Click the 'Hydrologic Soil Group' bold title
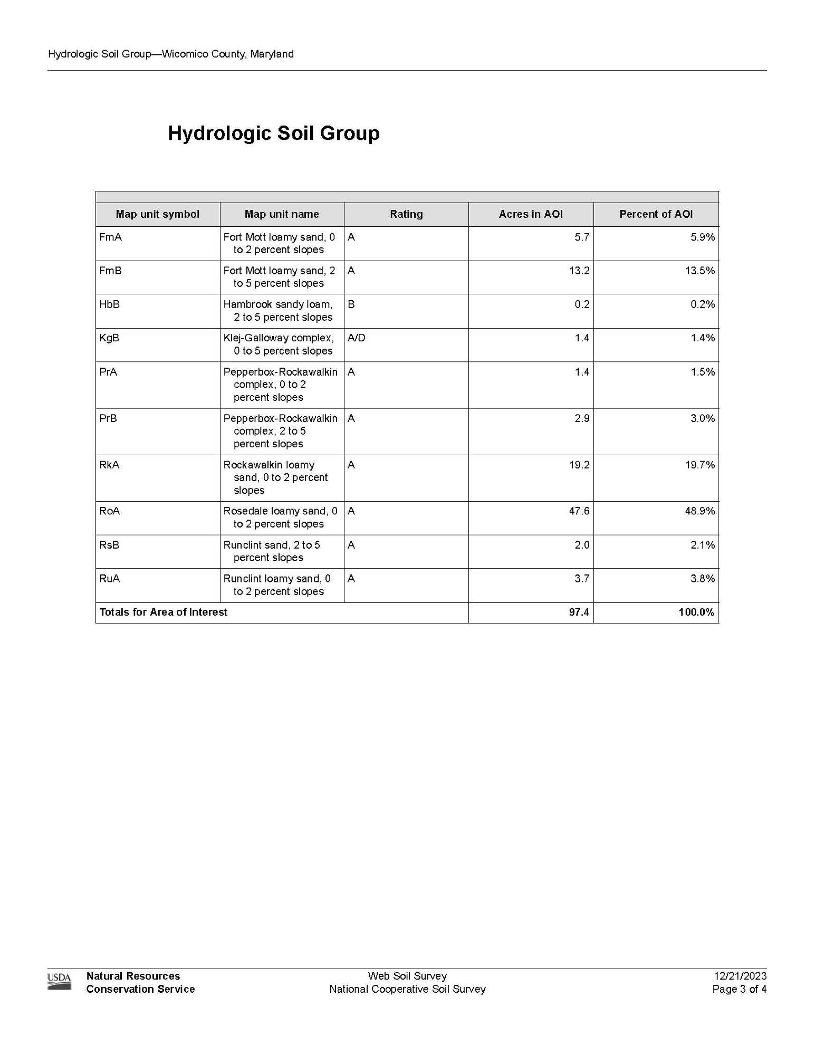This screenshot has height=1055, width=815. tap(273, 133)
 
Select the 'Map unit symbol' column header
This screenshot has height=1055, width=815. tap(157, 214)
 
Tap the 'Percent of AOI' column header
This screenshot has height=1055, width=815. tap(656, 214)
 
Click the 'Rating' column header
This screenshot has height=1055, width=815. tap(406, 214)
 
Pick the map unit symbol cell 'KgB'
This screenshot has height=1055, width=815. tap(109, 338)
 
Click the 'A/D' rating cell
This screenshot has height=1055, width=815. tap(357, 338)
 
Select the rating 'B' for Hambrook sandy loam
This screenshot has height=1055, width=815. tap(351, 304)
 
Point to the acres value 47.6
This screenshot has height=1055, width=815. tap(579, 511)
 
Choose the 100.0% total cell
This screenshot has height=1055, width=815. tap(696, 612)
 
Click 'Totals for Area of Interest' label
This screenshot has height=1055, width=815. tap(163, 612)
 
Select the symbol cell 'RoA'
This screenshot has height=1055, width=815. tap(109, 511)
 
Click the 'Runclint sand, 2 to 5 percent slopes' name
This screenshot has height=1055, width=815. tap(272, 551)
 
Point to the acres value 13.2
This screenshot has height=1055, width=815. tap(579, 271)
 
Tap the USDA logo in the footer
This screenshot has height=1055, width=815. tap(59, 982)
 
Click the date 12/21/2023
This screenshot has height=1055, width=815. tap(740, 976)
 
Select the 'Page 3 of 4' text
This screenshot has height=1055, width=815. tap(739, 989)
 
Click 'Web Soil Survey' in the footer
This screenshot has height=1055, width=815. tap(407, 976)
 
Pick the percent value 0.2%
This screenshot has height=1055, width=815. tap(703, 304)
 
